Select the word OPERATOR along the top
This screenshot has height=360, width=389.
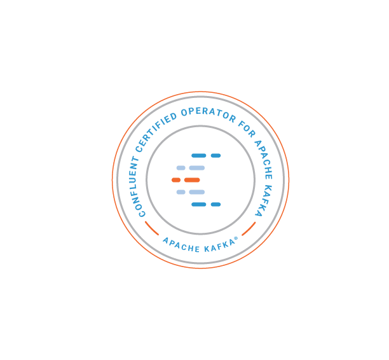point(207,114)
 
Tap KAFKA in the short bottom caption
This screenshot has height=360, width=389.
point(217,247)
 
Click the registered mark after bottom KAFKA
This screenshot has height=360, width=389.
point(237,240)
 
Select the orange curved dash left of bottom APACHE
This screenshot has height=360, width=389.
point(151,228)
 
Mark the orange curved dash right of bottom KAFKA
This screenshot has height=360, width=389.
point(249,229)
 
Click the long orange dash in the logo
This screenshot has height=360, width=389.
point(192,180)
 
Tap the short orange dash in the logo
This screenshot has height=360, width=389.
point(176,180)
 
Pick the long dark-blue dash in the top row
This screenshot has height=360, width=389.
point(199,155)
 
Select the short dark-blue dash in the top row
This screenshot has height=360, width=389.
point(216,155)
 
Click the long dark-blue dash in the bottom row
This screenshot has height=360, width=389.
point(199,204)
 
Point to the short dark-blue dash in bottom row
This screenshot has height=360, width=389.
point(216,204)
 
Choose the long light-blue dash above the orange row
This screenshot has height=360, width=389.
point(196,168)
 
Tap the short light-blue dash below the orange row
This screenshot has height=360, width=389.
point(181,192)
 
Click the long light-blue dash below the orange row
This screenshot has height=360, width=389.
point(196,192)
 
